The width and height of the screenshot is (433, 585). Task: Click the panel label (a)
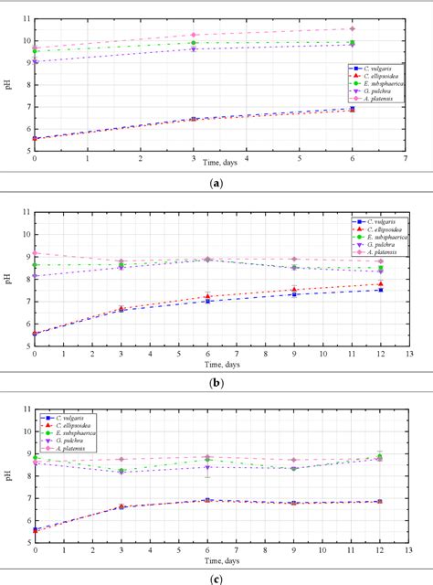(216, 183)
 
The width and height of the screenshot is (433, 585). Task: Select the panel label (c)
(216, 577)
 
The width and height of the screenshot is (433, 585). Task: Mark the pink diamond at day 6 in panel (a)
(353, 28)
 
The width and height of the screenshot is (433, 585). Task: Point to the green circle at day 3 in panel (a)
(194, 42)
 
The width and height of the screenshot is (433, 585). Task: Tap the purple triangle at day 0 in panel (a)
(35, 61)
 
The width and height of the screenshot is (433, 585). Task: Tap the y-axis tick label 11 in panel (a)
(26, 18)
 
